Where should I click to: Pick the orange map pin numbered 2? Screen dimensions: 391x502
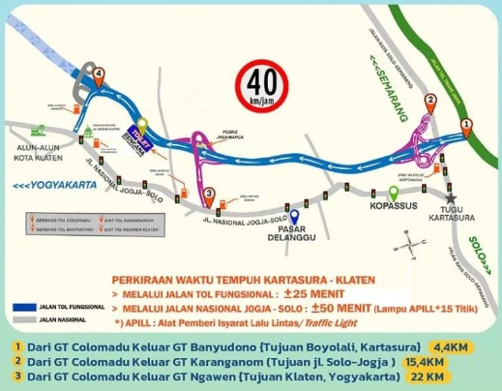pos(430,100)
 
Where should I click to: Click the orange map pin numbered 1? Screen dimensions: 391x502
pos(467,125)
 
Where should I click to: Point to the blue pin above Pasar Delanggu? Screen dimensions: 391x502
pos(295,215)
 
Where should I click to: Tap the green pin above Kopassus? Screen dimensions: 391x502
pos(393,192)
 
